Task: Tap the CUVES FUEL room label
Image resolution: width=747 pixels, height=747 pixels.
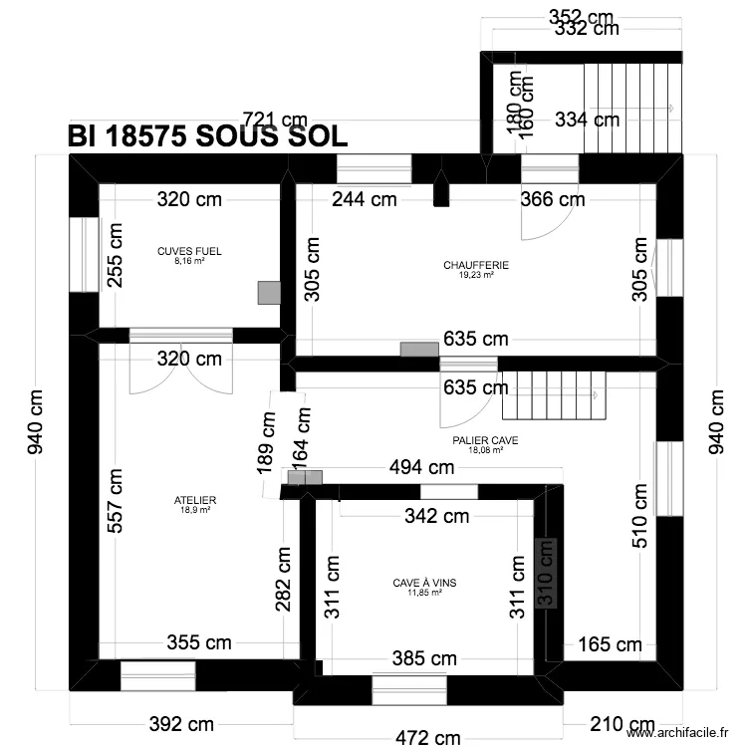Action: coord(189,252)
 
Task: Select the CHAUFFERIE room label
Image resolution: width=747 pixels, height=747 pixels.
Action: coord(476,265)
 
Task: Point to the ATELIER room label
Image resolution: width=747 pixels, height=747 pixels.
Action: coord(194,500)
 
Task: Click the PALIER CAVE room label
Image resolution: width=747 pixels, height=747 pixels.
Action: coord(485,439)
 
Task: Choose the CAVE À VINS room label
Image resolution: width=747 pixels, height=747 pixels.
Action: coord(425,582)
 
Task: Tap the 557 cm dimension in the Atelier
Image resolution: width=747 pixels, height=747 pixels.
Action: coord(117,501)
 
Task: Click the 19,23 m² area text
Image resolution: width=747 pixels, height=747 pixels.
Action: coord(476,275)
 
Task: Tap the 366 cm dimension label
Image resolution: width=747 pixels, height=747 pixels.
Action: coord(552,199)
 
